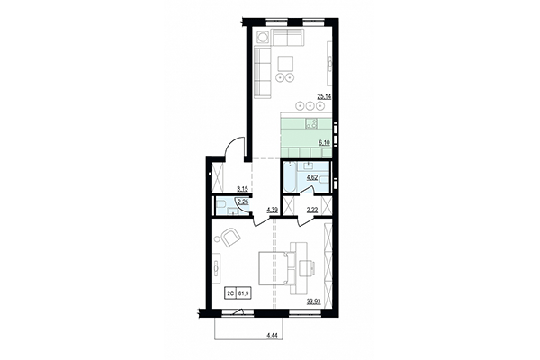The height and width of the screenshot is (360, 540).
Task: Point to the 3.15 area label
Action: [x=242, y=189]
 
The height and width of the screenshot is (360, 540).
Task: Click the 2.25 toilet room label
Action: [x=241, y=202]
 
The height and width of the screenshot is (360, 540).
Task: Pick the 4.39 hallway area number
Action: [x=273, y=211]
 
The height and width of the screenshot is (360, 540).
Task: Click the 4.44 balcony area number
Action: [x=272, y=335]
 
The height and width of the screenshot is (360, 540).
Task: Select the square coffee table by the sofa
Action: [x=284, y=64]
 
